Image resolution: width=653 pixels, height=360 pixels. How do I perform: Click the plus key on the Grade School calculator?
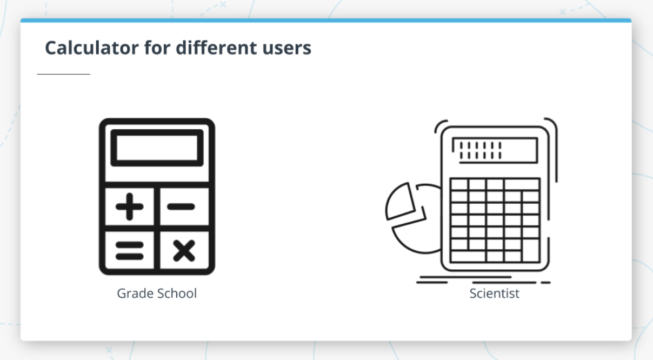[x=130, y=206]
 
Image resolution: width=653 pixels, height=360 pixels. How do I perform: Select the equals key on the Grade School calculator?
[x=130, y=250]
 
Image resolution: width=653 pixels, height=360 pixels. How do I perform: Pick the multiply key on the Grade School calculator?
[x=183, y=250]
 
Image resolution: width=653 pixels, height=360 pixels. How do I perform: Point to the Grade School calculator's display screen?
[x=157, y=148]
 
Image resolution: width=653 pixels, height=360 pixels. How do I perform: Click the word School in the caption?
[x=177, y=294]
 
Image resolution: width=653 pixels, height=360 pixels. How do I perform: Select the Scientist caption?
[x=494, y=294]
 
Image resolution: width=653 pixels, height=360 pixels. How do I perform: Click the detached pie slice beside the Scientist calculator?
[x=401, y=201]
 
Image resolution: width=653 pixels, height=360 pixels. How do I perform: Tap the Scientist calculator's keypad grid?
[x=495, y=221]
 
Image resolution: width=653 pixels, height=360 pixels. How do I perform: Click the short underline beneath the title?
[x=63, y=74]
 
